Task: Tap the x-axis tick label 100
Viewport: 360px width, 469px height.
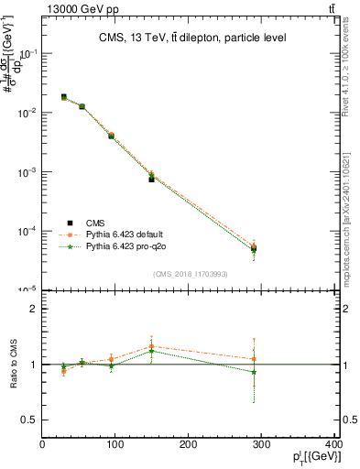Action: point(115,445)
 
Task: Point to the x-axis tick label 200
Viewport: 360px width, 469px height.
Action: point(189,445)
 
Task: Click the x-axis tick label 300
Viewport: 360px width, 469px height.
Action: point(263,445)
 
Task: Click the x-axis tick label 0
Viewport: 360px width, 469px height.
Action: point(42,445)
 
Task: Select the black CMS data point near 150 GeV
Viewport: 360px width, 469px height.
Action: point(152,179)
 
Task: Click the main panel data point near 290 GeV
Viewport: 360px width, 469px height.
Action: point(254,248)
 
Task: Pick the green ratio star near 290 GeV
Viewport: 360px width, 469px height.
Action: point(254,372)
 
